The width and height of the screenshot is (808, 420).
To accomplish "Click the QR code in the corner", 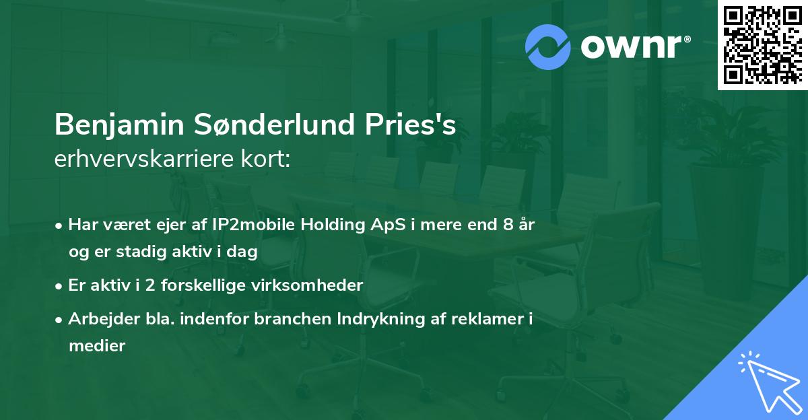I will [x=762, y=44].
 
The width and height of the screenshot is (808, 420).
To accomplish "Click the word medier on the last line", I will [x=97, y=346].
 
